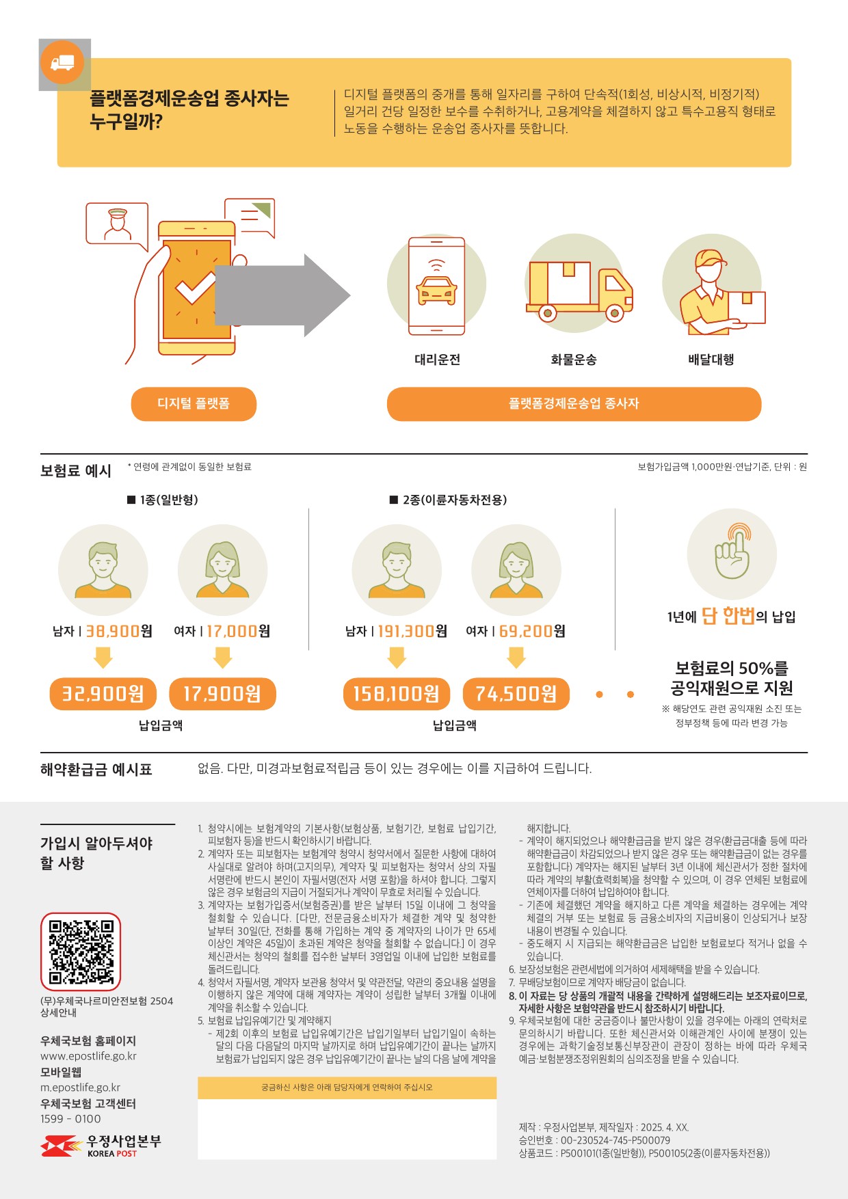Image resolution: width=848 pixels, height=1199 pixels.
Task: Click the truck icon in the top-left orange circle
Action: click(x=62, y=64)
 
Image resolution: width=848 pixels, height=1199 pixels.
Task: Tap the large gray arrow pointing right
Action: click(x=282, y=295)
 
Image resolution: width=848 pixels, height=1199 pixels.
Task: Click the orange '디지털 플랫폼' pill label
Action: click(x=194, y=404)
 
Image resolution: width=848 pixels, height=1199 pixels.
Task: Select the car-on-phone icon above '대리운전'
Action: click(x=436, y=286)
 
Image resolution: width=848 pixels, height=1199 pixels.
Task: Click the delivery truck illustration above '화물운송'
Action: click(x=579, y=291)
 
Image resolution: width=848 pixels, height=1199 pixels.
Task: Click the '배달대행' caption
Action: click(x=711, y=360)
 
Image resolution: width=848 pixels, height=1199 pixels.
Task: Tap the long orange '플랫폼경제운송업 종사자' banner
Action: click(x=574, y=404)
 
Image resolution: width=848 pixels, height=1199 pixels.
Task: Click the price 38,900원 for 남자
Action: click(x=119, y=631)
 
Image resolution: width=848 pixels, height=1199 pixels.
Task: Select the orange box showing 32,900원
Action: click(x=103, y=694)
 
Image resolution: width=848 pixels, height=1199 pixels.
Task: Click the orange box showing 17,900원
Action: click(x=222, y=694)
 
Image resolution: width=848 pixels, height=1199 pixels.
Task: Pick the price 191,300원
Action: click(x=412, y=631)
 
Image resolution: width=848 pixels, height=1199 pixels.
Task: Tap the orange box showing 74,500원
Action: click(x=516, y=694)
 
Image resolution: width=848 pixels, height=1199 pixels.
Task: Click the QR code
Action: click(x=81, y=952)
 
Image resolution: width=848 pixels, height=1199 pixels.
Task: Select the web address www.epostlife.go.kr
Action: click(x=88, y=1056)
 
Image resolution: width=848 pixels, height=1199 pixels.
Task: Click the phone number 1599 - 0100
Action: click(x=70, y=1119)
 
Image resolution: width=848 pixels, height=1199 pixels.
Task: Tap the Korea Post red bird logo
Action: click(x=62, y=1146)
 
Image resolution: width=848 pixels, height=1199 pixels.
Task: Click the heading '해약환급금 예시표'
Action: click(x=96, y=770)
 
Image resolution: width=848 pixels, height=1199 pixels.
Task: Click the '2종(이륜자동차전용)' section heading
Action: click(x=448, y=500)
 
